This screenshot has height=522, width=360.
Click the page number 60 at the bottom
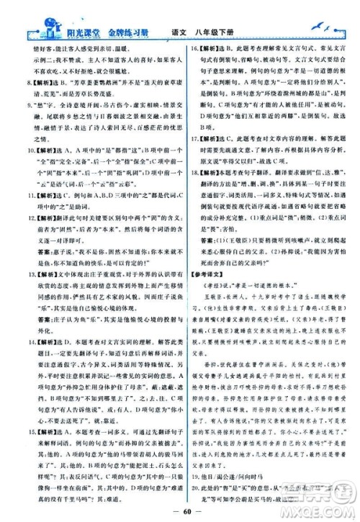point(181,512)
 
